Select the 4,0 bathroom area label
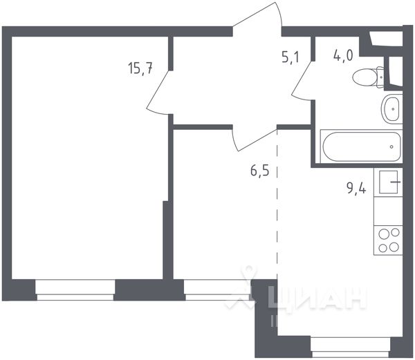point(344,56)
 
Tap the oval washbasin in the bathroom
point(391,108)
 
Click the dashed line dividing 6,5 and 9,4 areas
point(277,207)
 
